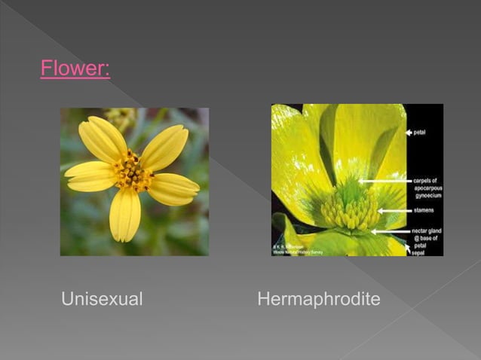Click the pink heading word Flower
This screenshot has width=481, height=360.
pyautogui.click(x=75, y=70)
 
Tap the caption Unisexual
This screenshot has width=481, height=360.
pyautogui.click(x=102, y=299)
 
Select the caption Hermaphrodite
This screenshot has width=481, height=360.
pyautogui.click(x=319, y=299)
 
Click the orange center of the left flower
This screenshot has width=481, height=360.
pyautogui.click(x=133, y=172)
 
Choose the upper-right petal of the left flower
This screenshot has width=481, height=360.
pyautogui.click(x=164, y=145)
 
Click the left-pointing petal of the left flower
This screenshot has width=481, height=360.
pyautogui.click(x=89, y=175)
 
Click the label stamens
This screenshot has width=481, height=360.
pyautogui.click(x=425, y=211)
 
